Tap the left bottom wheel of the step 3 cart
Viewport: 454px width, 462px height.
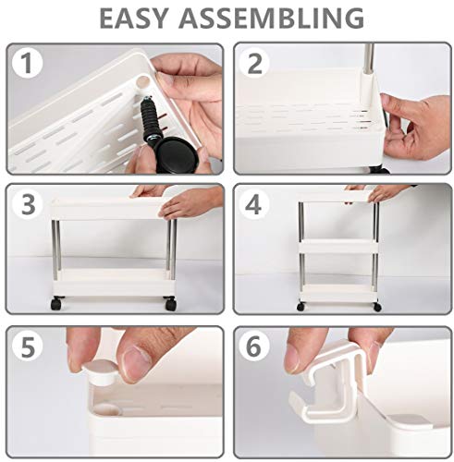pyautogui.click(x=57, y=302)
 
